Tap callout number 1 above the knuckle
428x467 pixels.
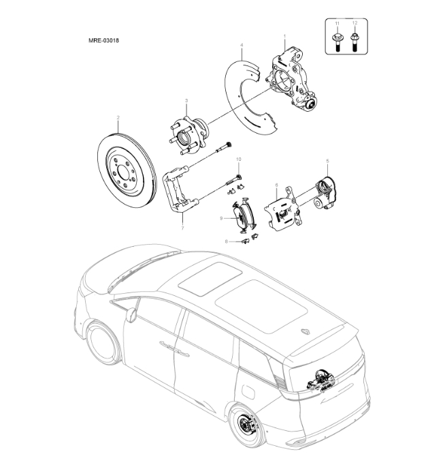pyautogui.click(x=284, y=35)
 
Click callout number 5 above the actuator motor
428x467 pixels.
pyautogui.click(x=327, y=161)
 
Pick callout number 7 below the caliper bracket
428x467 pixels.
pyautogui.click(x=182, y=229)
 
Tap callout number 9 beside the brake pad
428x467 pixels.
pyautogui.click(x=221, y=217)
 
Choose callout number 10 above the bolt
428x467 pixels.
pyautogui.click(x=238, y=160)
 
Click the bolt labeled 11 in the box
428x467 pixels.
pyautogui.click(x=338, y=40)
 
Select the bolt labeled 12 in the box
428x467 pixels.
pyautogui.click(x=354, y=40)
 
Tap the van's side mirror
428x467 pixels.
pyautogui.click(x=131, y=314)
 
